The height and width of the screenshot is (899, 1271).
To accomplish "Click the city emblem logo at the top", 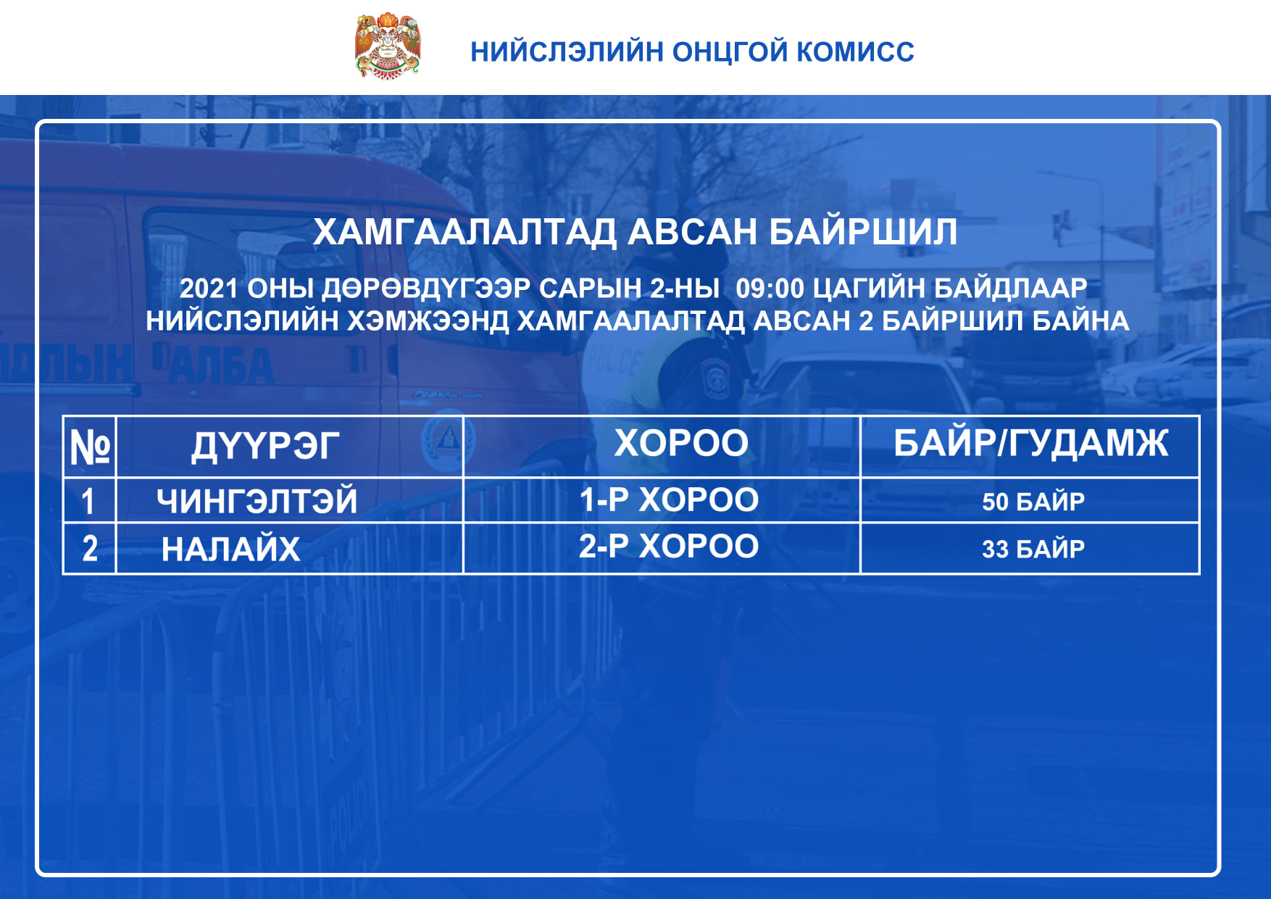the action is click(x=388, y=46).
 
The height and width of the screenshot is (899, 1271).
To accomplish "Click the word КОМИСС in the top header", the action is click(x=855, y=52).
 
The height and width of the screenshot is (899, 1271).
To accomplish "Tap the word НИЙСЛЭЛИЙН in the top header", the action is click(x=567, y=52).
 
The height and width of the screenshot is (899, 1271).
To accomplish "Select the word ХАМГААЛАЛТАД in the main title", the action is click(x=464, y=233).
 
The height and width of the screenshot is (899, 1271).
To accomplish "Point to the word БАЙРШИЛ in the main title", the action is click(x=862, y=231).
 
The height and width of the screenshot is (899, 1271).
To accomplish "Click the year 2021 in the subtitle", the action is click(x=209, y=289).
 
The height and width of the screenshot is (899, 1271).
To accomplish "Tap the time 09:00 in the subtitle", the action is click(x=770, y=289).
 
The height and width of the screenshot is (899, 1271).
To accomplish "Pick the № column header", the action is click(x=90, y=447).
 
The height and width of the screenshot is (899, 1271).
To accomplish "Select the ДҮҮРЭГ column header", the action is click(x=265, y=446).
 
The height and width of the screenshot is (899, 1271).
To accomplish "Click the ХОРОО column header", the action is click(x=681, y=443).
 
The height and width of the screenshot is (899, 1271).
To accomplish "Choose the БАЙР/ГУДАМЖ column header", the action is click(x=1030, y=443).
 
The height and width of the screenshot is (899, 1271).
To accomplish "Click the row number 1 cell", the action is click(x=88, y=501).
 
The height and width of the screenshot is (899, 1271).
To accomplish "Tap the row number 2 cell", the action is click(x=90, y=549).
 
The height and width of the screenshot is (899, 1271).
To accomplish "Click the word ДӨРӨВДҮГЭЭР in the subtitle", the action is click(x=426, y=289).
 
